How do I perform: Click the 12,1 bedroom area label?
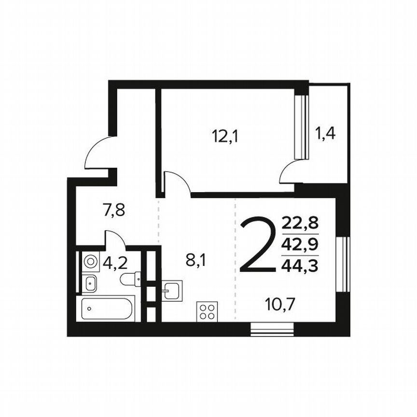click(225, 137)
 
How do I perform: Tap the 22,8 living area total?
click(300, 224)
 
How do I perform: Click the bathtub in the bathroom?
click(107, 308)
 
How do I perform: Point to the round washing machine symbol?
click(90, 262)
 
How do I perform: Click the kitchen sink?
click(172, 291)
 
